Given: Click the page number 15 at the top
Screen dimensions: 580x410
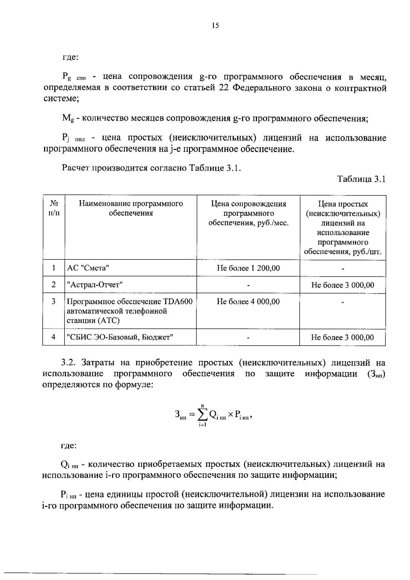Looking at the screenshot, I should click(x=215, y=26).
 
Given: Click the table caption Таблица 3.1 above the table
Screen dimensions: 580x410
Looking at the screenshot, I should click(x=361, y=179).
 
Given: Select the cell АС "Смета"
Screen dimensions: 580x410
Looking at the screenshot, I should click(x=88, y=268).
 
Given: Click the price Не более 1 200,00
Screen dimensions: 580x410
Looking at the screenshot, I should click(x=248, y=268).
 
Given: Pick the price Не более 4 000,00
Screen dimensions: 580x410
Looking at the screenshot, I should click(x=248, y=301).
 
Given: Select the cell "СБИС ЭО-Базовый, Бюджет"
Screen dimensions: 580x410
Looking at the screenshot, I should click(x=120, y=337).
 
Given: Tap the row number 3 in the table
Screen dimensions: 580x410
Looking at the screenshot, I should click(x=54, y=301).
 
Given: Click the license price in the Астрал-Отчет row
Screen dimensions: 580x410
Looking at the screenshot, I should click(x=342, y=285).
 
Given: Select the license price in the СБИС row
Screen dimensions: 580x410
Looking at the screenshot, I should click(x=342, y=338).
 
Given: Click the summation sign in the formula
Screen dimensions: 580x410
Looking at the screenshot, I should click(x=202, y=415).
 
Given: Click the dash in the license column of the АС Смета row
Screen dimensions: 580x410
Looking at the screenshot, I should click(x=343, y=269).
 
